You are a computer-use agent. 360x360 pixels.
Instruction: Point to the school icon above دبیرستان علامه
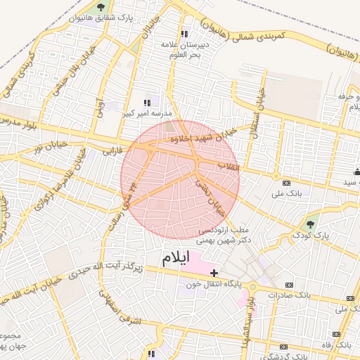(184, 34)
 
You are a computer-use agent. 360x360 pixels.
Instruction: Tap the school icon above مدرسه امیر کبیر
(147, 103)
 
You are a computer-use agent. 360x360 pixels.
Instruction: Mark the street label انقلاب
(229, 167)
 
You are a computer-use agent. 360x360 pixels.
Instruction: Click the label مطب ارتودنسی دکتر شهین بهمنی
(226, 235)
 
